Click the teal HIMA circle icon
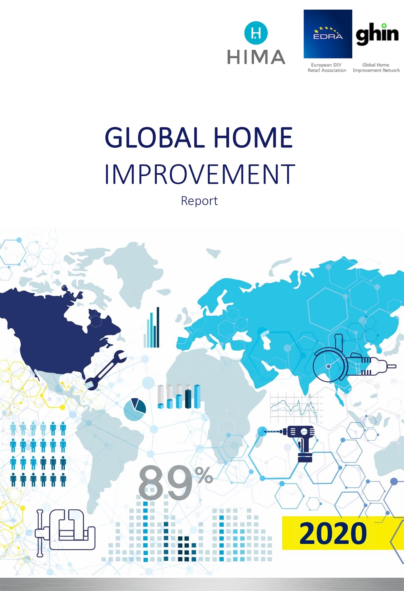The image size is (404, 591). click(x=256, y=33)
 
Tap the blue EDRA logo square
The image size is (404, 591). click(x=328, y=34)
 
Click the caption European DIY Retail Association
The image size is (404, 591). click(x=327, y=67)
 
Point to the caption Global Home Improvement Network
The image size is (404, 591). click(x=376, y=67)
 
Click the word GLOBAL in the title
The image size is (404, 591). click(x=155, y=138)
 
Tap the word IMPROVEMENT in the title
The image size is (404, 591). click(x=200, y=174)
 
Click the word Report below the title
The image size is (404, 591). click(x=199, y=201)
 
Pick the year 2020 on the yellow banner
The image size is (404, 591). click(x=333, y=533)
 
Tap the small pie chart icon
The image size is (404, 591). click(x=135, y=409)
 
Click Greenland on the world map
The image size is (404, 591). click(x=132, y=272)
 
